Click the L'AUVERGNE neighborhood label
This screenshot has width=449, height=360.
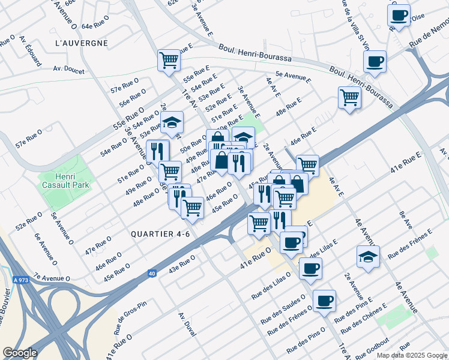coord(81,43)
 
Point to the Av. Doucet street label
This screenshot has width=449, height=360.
coord(68,70)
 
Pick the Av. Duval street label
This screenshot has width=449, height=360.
coord(187,325)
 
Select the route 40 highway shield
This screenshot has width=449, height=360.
coord(152,274)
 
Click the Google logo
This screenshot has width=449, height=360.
coord(20,353)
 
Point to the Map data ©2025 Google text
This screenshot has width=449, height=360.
coord(411,355)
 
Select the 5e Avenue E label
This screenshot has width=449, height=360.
coord(294,77)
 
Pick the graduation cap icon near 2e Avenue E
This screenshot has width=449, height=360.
coord(368,256)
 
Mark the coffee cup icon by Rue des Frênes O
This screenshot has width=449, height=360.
coord(324,301)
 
